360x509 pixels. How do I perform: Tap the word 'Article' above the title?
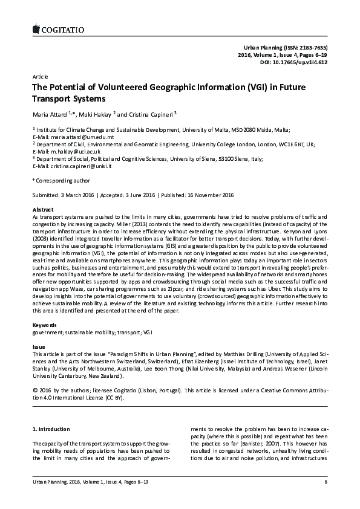(x=39, y=77)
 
